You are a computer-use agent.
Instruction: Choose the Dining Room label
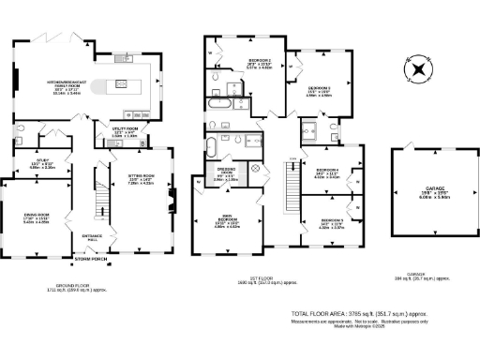pos(37,220)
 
